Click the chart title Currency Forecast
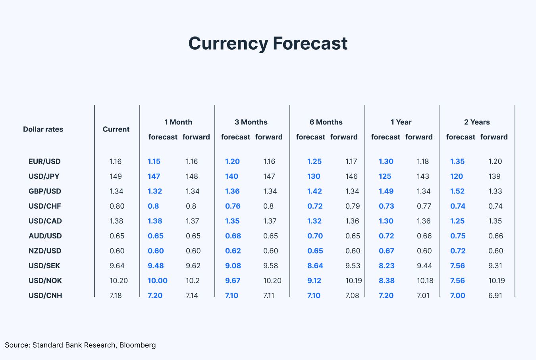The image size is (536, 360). tap(268, 43)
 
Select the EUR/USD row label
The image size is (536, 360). tap(44, 161)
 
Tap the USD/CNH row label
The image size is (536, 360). tap(45, 295)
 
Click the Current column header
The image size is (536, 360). tap(116, 129)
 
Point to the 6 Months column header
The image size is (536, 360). tap(326, 122)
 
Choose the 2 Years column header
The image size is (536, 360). tap(477, 122)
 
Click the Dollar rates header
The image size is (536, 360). tap(43, 129)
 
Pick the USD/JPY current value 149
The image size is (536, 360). tap(116, 176)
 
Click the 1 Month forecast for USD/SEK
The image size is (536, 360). tap(156, 265)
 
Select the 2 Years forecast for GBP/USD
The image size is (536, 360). tap(457, 191)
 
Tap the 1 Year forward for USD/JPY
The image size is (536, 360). tap(423, 176)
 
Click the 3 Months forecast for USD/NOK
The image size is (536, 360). tap(233, 281)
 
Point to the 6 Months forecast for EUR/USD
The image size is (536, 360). tap(314, 161)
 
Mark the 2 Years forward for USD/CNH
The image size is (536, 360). tap(495, 295)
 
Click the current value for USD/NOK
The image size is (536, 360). tap(119, 281)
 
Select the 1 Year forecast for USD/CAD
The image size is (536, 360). tap(386, 221)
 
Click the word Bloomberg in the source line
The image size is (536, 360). tap(137, 345)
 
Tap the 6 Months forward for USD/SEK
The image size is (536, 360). tap(353, 265)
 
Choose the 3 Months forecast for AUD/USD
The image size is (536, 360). tap(233, 236)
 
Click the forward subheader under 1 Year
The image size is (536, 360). tap(419, 137)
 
